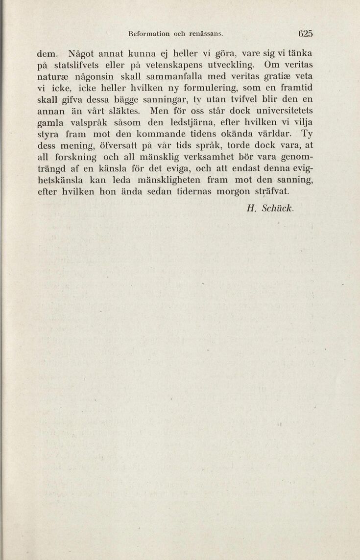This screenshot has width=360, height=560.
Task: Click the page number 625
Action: [x=304, y=35]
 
